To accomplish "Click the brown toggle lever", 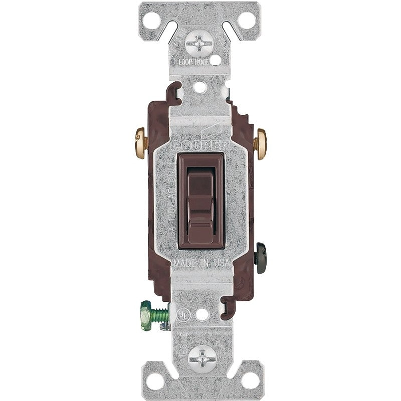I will point(200,200).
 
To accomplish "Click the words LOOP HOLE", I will point(193,62).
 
